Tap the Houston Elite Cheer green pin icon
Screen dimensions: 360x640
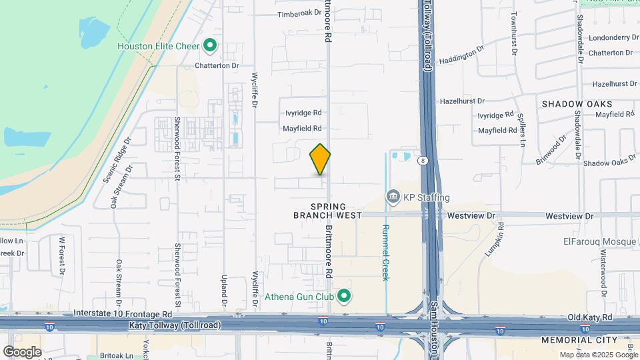[x=211, y=46]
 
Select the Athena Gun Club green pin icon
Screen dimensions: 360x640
[x=344, y=297]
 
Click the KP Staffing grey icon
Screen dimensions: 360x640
[x=393, y=197]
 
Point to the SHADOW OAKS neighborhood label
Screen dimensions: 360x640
[x=577, y=104]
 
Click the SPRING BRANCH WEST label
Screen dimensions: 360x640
[x=328, y=210]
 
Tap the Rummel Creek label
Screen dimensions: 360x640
[x=385, y=252]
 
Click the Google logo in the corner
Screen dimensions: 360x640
[x=22, y=351]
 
